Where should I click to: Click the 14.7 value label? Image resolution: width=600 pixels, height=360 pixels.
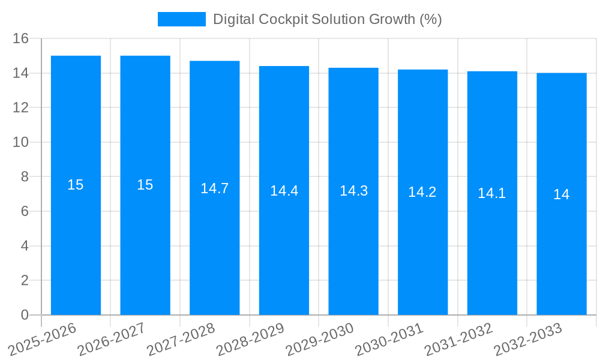pos(215,188)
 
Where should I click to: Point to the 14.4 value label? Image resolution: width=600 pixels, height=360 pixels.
pos(284,191)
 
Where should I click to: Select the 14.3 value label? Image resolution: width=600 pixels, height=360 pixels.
pos(353,191)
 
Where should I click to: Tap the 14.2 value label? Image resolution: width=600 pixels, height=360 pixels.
pos(422,192)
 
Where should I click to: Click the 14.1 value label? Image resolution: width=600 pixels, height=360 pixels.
pos(492,193)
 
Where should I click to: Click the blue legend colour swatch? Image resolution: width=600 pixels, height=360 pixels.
pos(181,19)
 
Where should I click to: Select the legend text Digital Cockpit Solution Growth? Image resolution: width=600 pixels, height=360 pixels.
pos(328,19)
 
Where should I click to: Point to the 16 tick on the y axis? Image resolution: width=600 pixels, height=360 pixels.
pos(21,39)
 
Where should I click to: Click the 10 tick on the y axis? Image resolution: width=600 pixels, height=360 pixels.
pos(21,143)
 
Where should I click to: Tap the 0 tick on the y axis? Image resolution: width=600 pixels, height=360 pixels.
pos(25,315)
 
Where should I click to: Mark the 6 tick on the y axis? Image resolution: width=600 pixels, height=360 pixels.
pos(25,212)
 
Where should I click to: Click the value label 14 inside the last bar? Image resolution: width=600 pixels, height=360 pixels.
pos(562,194)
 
